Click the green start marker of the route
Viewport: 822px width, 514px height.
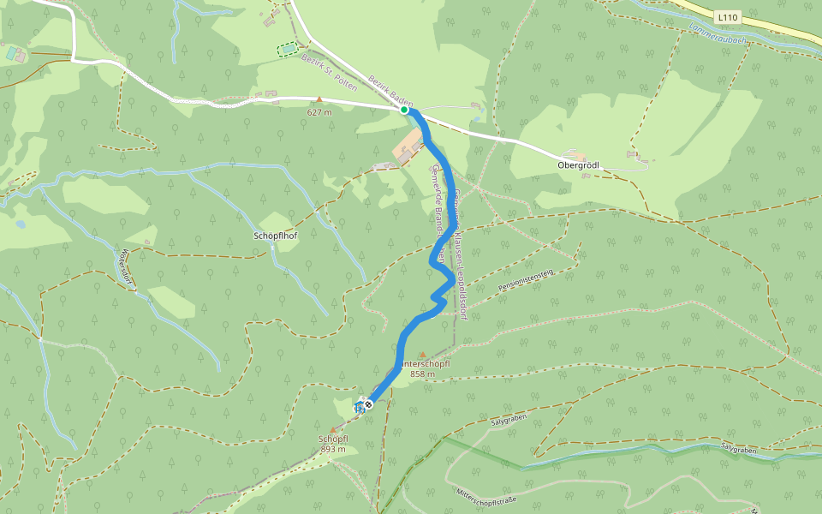(x=404, y=110)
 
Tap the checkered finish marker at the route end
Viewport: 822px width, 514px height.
(x=369, y=403)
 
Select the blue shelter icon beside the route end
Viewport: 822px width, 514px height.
(x=359, y=407)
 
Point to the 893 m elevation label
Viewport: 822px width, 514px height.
(x=333, y=449)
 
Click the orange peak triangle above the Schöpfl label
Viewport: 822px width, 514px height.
(x=333, y=429)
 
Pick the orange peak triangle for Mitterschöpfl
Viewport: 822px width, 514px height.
(x=422, y=354)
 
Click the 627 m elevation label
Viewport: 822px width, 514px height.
(x=319, y=111)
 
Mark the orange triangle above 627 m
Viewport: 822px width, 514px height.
(x=319, y=100)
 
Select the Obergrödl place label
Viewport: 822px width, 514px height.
(x=577, y=164)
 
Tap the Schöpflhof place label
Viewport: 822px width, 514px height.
(x=275, y=235)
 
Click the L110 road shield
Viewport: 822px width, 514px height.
(x=727, y=16)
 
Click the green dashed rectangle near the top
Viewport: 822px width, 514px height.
(x=289, y=50)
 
